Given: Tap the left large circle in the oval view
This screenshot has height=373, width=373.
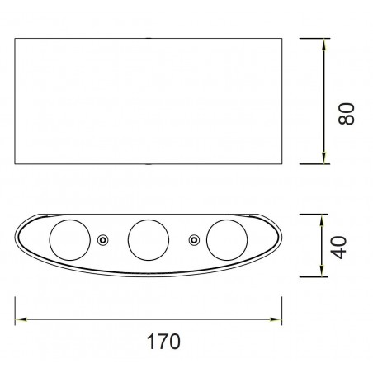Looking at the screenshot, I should pos(67,239).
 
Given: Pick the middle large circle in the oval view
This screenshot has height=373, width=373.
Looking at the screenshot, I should pos(146,239).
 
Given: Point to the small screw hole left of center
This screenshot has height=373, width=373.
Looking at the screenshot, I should pos(102,239).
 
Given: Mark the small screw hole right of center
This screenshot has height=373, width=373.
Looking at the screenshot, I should pos(193,239).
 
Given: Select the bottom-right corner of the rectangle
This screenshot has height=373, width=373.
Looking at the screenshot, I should pos(281,165).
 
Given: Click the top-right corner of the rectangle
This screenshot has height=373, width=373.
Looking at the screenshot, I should pos(281,38).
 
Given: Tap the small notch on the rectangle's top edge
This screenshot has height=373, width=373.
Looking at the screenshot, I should pos(149,38).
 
